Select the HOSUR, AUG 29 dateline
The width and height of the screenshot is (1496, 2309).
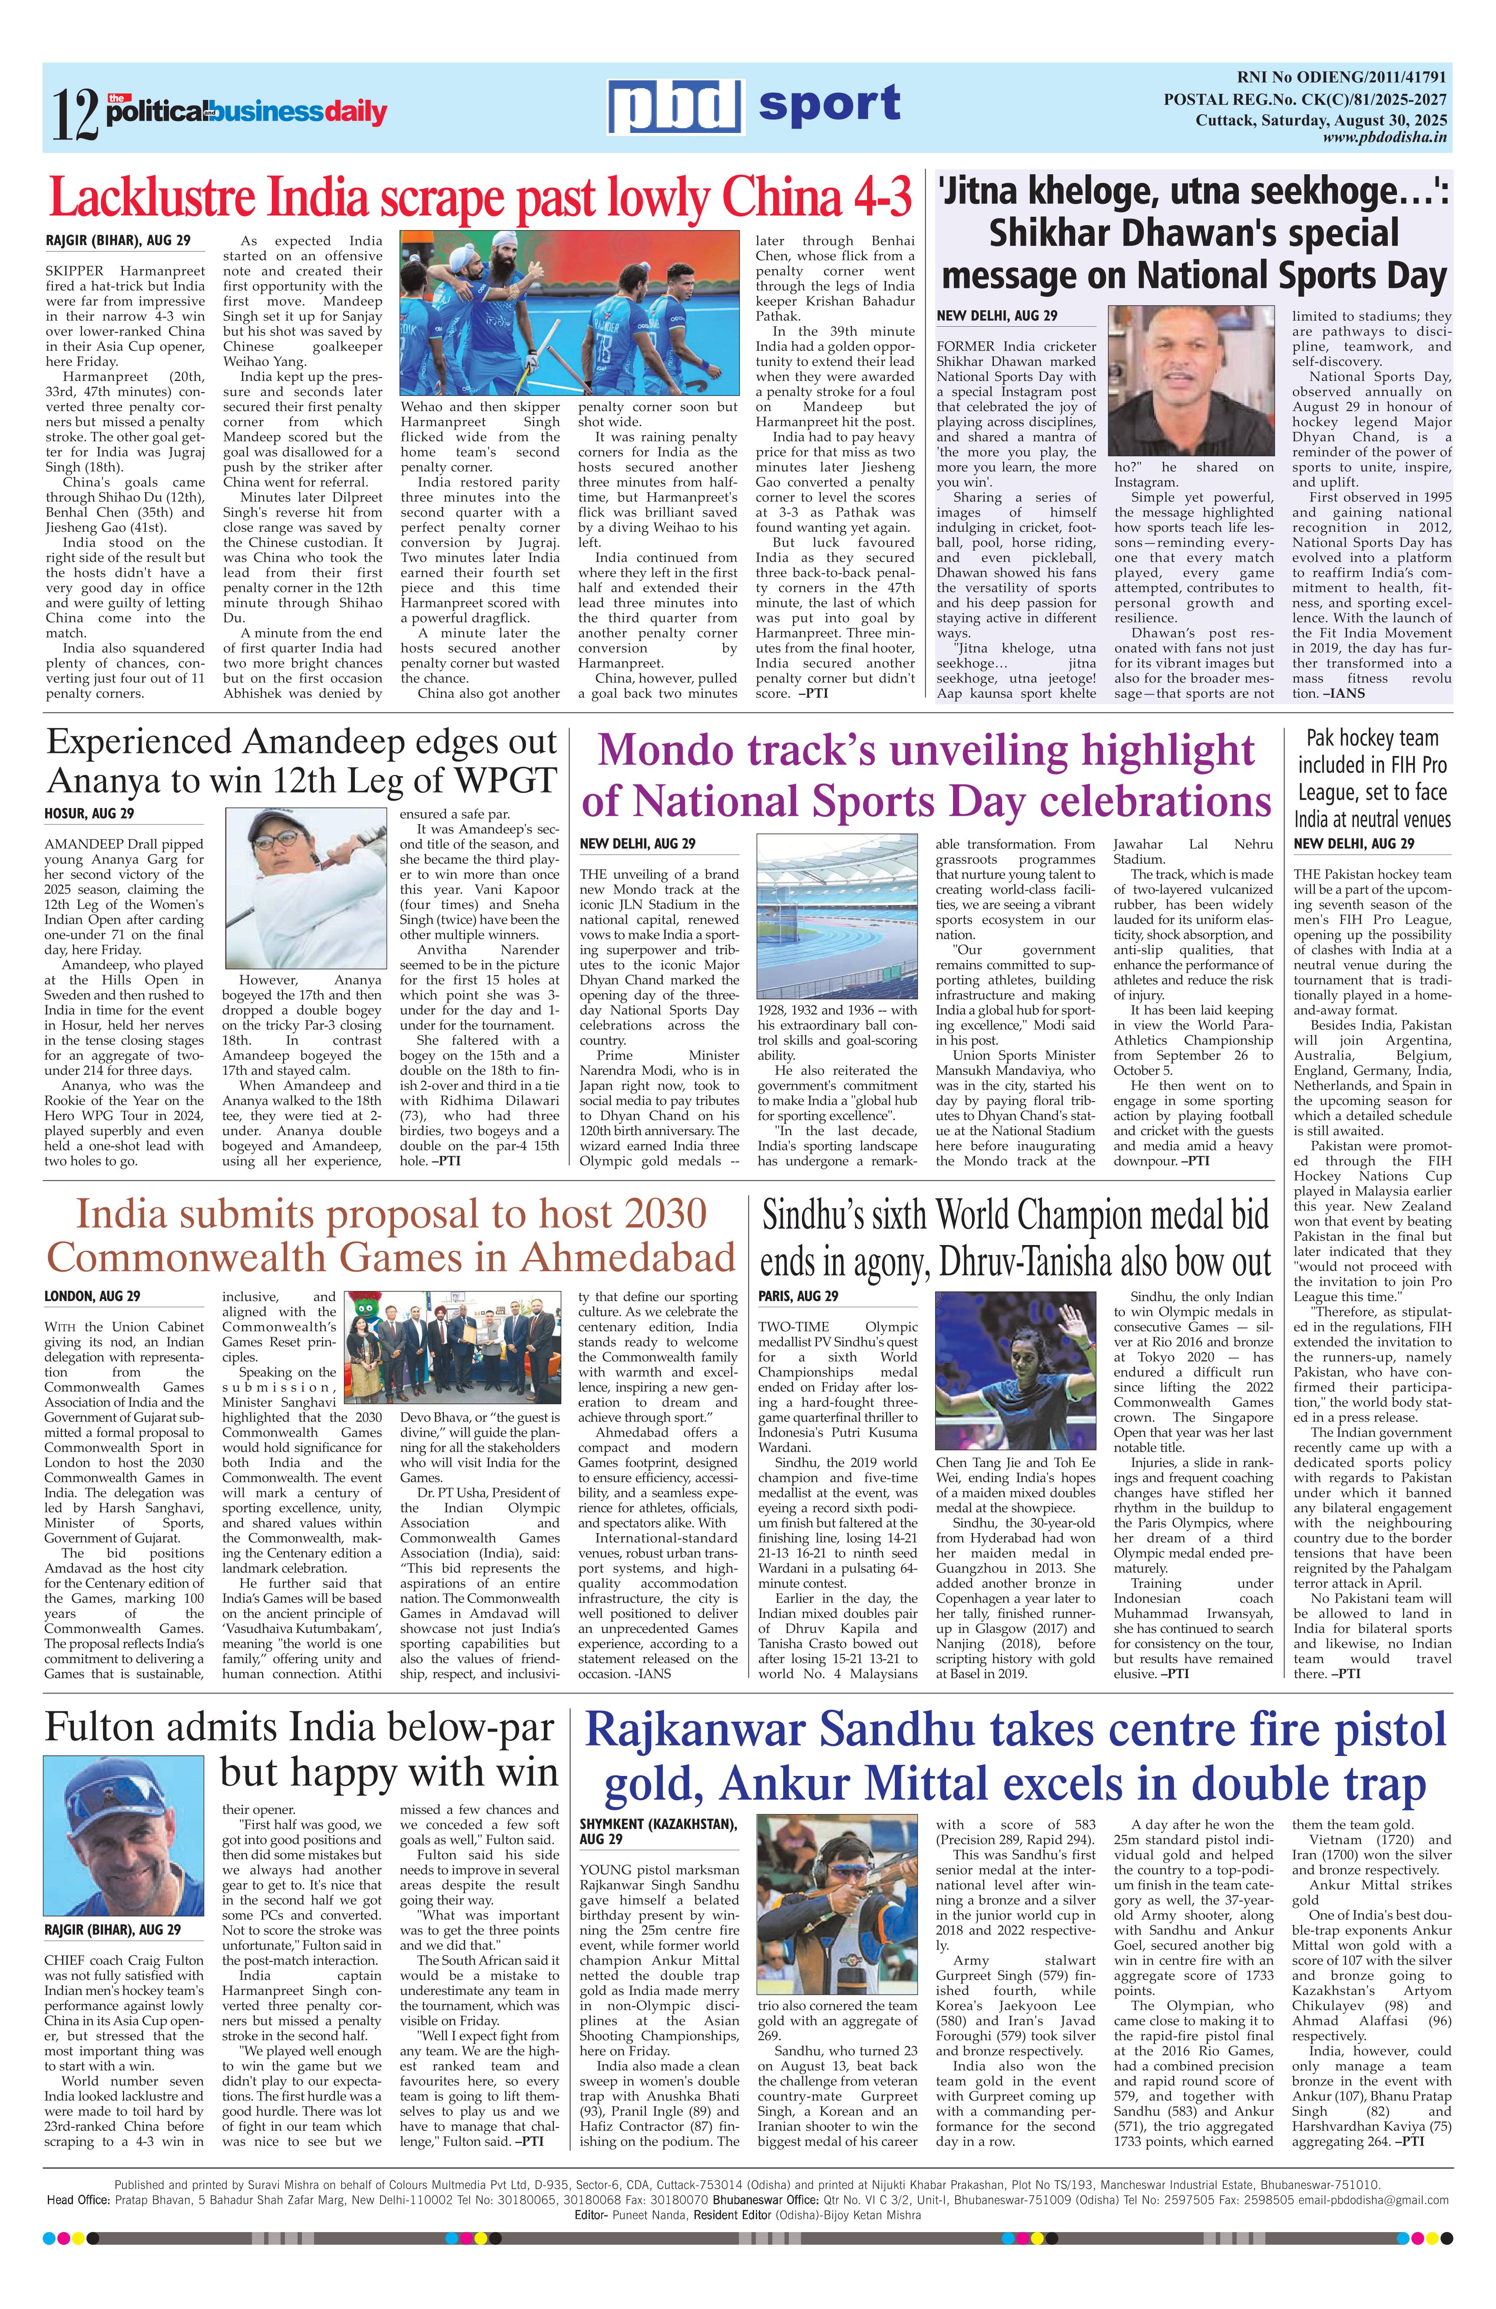pos(89,813)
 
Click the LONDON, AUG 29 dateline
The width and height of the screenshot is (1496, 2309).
pos(92,1296)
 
